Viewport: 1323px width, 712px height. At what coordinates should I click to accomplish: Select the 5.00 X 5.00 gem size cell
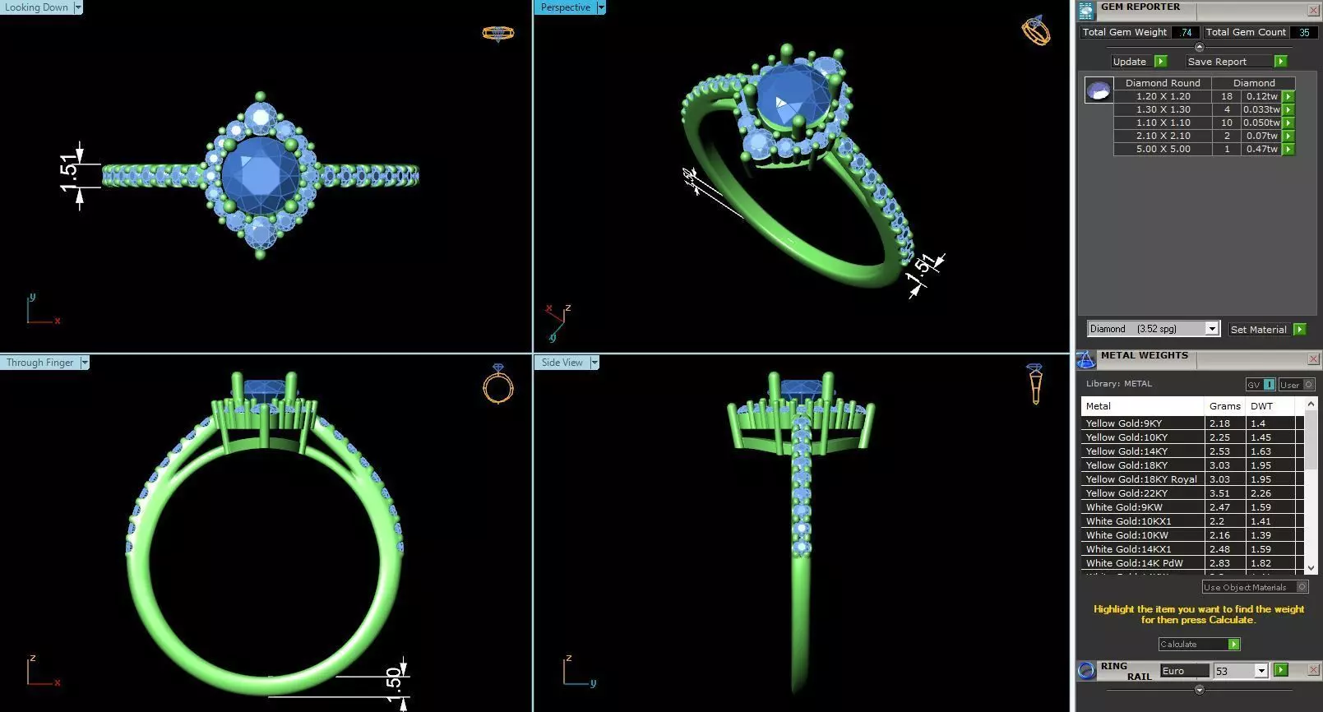(1163, 149)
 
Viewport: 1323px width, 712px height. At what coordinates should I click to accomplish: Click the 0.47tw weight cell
(1261, 149)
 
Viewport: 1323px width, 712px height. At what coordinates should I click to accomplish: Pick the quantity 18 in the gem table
(1226, 96)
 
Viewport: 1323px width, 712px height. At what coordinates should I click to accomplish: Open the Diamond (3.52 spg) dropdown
(1211, 329)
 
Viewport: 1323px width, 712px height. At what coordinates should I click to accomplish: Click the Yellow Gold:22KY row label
(1126, 493)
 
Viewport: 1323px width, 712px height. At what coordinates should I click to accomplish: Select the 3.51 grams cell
(1219, 493)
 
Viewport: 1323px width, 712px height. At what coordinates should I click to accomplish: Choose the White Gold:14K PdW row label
(1134, 563)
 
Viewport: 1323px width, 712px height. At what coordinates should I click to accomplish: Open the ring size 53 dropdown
(1261, 671)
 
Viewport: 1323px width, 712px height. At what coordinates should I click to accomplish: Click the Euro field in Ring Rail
(1183, 671)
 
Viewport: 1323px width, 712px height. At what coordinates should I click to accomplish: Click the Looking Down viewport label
(37, 7)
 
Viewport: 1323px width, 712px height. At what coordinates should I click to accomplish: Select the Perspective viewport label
(566, 7)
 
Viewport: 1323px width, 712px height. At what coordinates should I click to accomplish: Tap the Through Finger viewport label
(40, 363)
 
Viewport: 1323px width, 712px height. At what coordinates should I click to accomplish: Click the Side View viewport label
(562, 363)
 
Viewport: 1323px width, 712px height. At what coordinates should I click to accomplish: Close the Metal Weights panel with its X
(1313, 358)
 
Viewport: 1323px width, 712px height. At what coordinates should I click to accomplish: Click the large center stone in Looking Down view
(261, 174)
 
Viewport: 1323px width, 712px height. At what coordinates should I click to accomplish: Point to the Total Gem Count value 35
(1303, 32)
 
